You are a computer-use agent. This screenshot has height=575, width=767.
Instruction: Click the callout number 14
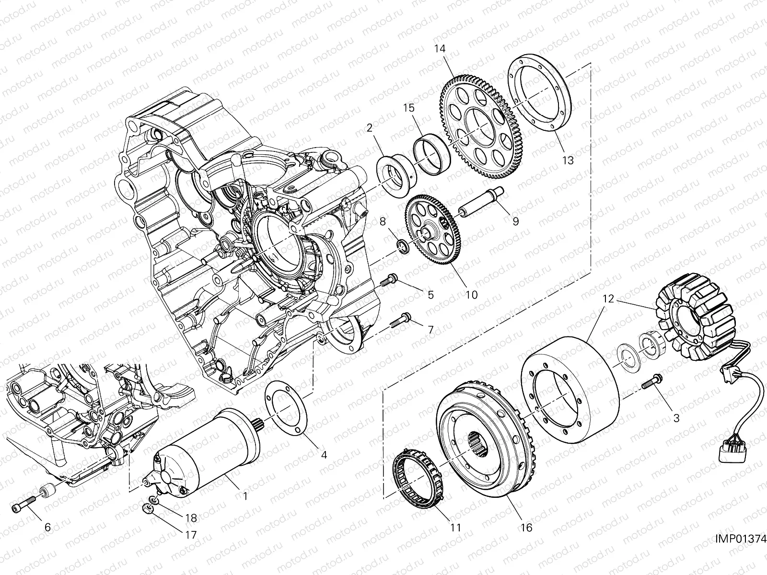point(441,48)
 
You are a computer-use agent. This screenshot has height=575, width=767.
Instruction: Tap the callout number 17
point(191,535)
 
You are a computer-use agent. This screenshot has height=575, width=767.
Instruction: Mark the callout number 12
point(608,299)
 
